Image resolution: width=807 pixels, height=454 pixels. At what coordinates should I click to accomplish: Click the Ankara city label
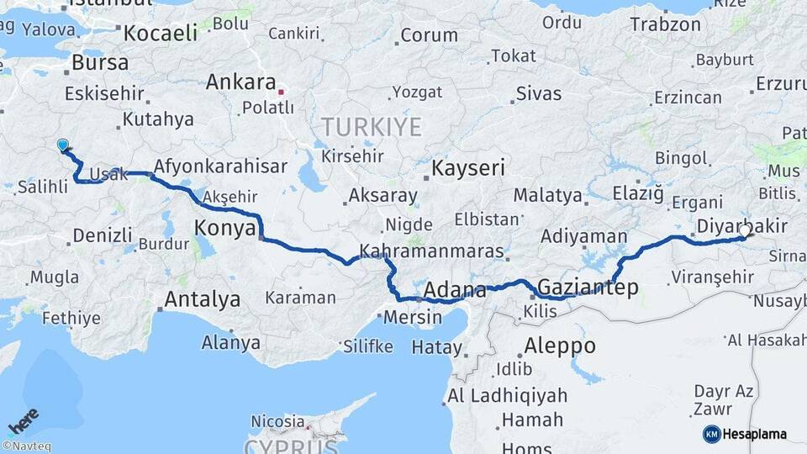[x=240, y=82]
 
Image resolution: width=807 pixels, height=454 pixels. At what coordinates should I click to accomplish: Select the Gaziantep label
[x=588, y=288]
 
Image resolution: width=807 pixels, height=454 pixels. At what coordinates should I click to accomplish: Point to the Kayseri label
[x=467, y=168]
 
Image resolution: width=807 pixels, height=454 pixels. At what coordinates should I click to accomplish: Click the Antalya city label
[x=202, y=299]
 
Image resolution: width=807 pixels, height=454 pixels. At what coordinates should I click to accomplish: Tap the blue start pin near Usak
[x=63, y=145]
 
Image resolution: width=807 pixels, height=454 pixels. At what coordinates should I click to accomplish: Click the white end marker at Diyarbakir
[x=744, y=230]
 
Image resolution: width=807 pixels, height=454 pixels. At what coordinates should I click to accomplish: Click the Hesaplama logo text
[x=754, y=434]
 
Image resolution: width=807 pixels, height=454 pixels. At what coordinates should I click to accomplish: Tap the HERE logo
[x=23, y=418]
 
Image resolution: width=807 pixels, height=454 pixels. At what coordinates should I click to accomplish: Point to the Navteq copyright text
[x=26, y=446]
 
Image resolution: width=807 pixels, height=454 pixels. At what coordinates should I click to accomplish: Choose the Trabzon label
[x=665, y=24]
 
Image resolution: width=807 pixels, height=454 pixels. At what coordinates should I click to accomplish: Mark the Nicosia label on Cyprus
[x=277, y=420]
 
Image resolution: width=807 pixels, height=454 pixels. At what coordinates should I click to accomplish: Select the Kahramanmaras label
[x=431, y=251]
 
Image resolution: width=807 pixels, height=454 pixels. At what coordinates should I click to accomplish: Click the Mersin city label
[x=412, y=318]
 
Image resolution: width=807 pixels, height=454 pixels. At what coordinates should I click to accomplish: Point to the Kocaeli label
[x=161, y=34]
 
